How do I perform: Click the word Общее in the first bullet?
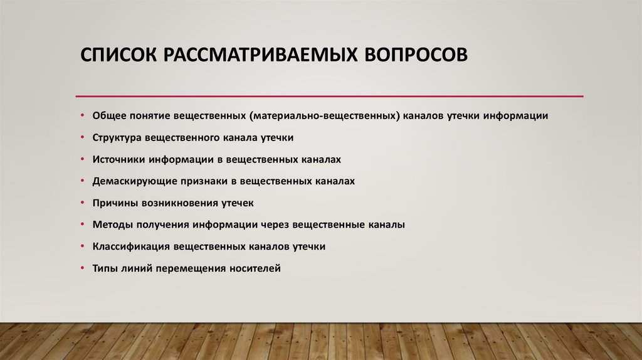click(108, 116)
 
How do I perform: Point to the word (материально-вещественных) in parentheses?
click(323, 116)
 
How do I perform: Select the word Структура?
click(117, 137)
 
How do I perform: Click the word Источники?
click(117, 159)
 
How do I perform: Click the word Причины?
click(113, 203)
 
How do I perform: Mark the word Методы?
click(110, 225)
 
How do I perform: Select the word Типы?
click(105, 268)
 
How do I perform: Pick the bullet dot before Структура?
click(83, 137)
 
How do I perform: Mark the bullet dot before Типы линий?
click(83, 268)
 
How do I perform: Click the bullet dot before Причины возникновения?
click(83, 203)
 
